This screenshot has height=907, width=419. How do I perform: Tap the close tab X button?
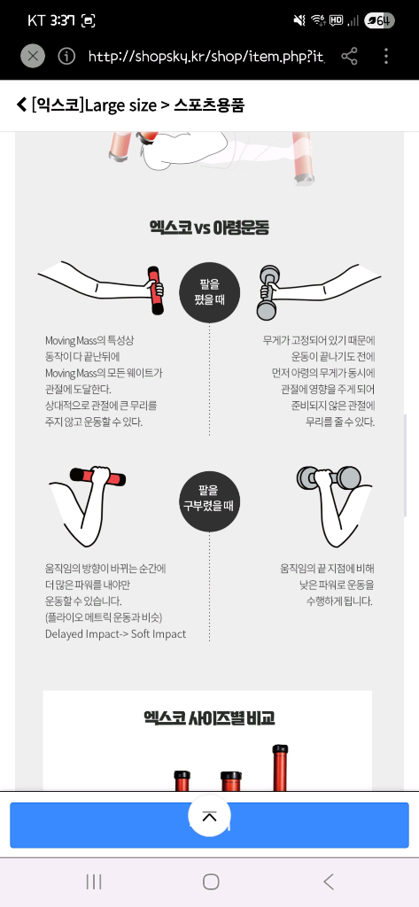pos(33,57)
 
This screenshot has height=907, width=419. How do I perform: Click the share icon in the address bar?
pos(350,57)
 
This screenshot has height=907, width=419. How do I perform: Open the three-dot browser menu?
pos(386,57)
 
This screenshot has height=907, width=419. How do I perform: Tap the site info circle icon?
pos(66,57)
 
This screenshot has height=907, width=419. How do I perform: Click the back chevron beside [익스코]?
pos(21,105)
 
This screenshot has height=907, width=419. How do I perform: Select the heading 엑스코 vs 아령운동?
pos(209,228)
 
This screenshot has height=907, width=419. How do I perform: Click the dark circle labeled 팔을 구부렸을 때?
pos(210,498)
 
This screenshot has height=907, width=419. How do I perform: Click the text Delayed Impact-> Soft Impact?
pos(116,633)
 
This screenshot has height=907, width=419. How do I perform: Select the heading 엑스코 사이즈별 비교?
pos(209,717)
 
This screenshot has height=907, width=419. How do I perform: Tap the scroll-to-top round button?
pos(209,816)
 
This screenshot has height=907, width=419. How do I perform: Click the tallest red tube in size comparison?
pos(280,767)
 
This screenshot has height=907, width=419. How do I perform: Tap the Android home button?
pos(210,881)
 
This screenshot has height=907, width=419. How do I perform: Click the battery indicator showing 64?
pos(380,20)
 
